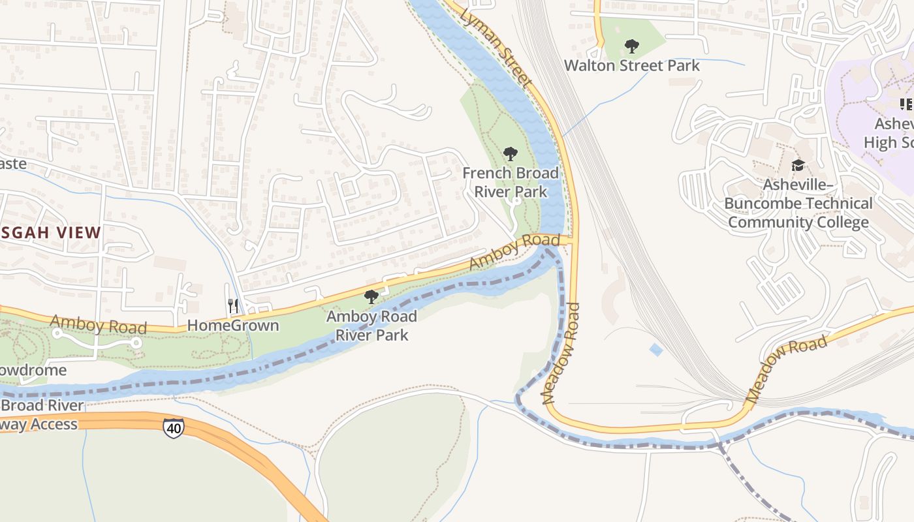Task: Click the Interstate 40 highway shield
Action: pos(173,427)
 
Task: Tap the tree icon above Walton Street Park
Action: pos(631,46)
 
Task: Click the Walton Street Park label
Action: pos(631,65)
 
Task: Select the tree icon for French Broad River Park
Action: pos(511,154)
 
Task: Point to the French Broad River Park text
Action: pos(511,182)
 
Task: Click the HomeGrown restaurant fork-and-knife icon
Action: pos(233,305)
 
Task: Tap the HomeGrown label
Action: pos(233,325)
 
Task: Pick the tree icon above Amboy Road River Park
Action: pos(371,298)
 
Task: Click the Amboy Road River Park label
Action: pos(371,326)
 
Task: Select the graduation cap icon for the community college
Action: pos(798,166)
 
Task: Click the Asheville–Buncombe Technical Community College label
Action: pos(798,204)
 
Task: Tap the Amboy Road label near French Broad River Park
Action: pos(514,251)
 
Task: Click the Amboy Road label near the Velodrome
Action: pos(98,324)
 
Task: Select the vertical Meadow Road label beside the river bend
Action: pos(560,352)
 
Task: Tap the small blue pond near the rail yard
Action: pos(656,350)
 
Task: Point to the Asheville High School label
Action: pos(891,133)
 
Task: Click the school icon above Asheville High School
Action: pos(906,104)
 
